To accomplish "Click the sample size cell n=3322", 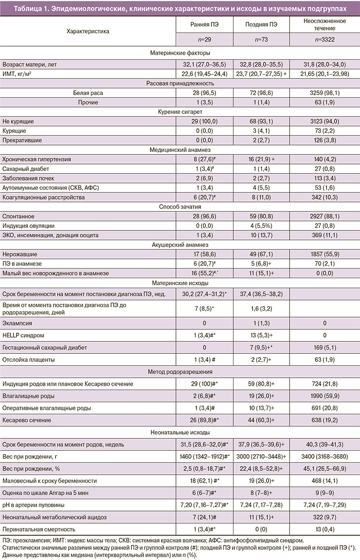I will (322, 40).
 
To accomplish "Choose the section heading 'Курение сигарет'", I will (180, 111).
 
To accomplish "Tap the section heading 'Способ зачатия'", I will (180, 207).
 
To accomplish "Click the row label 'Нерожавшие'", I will (19, 255).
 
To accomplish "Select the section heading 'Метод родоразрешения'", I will (180, 372).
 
